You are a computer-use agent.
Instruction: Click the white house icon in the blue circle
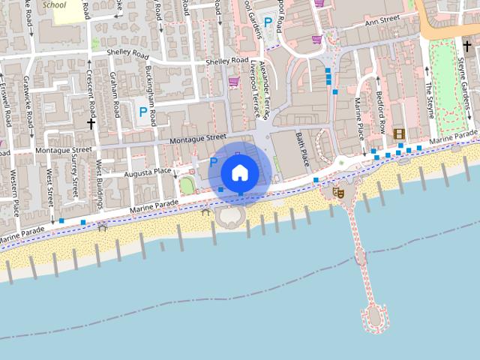pyautogui.click(x=239, y=172)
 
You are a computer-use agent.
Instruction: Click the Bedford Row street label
pyautogui.click(x=380, y=112)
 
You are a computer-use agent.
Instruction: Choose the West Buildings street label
pyautogui.click(x=99, y=181)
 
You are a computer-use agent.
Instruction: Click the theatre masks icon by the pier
pyautogui.click(x=337, y=192)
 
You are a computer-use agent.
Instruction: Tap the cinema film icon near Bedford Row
pyautogui.click(x=399, y=133)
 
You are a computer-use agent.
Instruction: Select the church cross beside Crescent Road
pyautogui.click(x=91, y=121)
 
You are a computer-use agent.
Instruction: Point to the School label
pyautogui.click(x=54, y=4)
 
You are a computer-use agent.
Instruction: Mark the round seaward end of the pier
pyautogui.click(x=375, y=318)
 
